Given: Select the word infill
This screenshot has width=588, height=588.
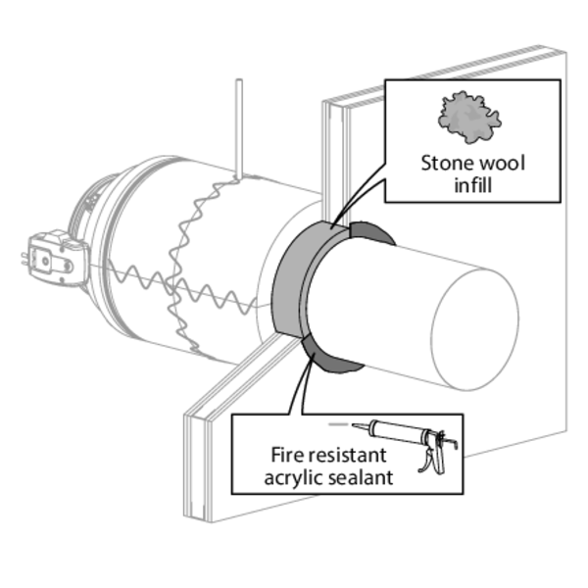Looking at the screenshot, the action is tap(473, 185).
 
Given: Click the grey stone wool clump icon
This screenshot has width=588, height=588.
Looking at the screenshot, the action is tap(469, 117).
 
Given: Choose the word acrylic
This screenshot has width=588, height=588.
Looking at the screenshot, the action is tap(293, 478).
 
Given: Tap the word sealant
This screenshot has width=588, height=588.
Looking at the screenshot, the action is tap(361, 478).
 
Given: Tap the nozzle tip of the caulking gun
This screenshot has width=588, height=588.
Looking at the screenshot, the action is tap(353, 424).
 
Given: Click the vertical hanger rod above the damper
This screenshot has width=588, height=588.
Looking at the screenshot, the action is tap(239, 128).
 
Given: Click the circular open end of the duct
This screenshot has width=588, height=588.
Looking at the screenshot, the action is tap(475, 327).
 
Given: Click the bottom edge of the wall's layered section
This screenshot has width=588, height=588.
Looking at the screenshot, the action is tap(198, 520).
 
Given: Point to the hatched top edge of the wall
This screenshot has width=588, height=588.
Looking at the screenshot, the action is tap(443, 73).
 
